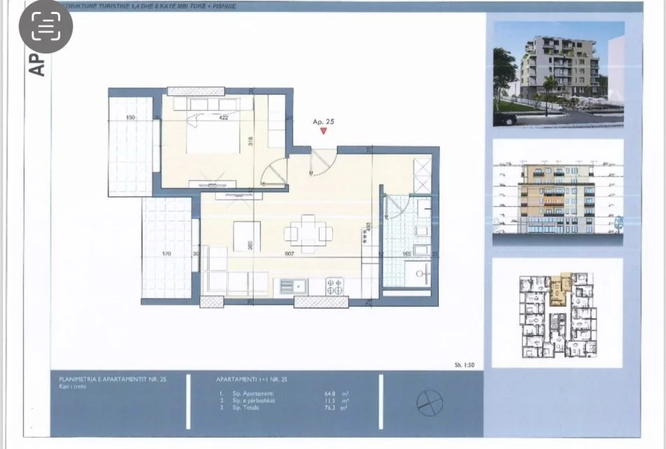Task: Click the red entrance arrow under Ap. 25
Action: pos(323,130)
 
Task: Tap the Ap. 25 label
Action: pos(323,121)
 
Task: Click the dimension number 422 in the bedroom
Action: pos(224,118)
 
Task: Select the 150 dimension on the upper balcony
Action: pos(130,118)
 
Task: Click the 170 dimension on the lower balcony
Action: pos(166,253)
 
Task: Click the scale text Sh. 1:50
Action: pos(465,365)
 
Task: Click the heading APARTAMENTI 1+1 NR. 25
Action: pos(252,380)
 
